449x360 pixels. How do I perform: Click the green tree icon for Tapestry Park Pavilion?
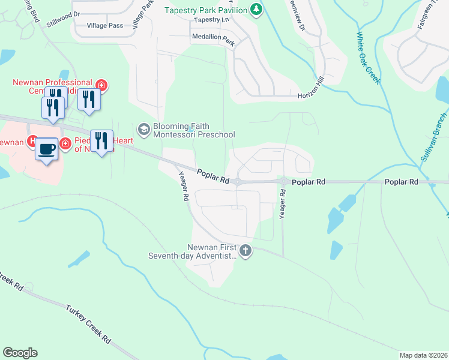tap(257, 10)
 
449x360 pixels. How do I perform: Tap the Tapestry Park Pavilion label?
tap(205, 10)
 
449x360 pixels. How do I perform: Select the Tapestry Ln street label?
tap(212, 20)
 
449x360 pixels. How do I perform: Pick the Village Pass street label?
tap(104, 26)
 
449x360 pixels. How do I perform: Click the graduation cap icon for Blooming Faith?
tap(144, 128)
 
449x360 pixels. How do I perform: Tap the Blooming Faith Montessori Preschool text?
tap(193, 130)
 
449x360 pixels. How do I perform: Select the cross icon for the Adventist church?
tap(245, 250)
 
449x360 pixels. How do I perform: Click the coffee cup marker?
tap(46, 148)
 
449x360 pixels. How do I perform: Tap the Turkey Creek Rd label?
tap(89, 323)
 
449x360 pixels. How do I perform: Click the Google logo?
tap(20, 353)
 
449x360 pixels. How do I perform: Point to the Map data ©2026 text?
tap(423, 355)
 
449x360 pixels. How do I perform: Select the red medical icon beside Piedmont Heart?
tap(65, 145)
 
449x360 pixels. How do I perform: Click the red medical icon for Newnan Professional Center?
tap(101, 85)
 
